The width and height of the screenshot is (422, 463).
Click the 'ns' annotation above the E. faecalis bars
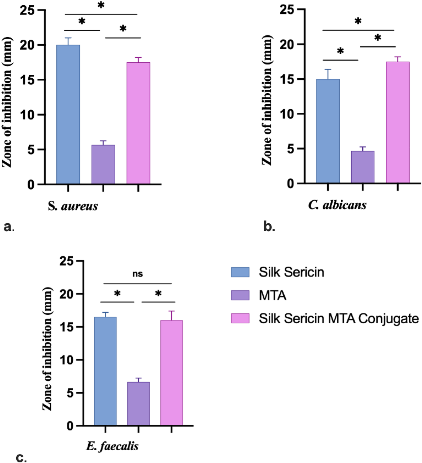click(138, 274)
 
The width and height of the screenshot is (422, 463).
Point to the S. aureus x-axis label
click(73, 206)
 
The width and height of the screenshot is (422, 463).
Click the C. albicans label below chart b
click(337, 205)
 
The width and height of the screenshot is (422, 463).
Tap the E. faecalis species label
click(112, 446)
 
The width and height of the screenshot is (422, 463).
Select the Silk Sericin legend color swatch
click(240, 272)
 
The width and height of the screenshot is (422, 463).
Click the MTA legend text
click(272, 296)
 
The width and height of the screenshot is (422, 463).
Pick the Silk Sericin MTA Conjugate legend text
click(339, 319)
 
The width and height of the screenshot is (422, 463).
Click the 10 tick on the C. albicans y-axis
click(287, 114)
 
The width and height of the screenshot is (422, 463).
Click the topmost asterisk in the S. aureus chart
click(101, 5)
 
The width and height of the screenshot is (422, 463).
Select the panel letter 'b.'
click(269, 226)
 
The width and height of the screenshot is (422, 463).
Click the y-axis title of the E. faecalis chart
click(47, 348)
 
